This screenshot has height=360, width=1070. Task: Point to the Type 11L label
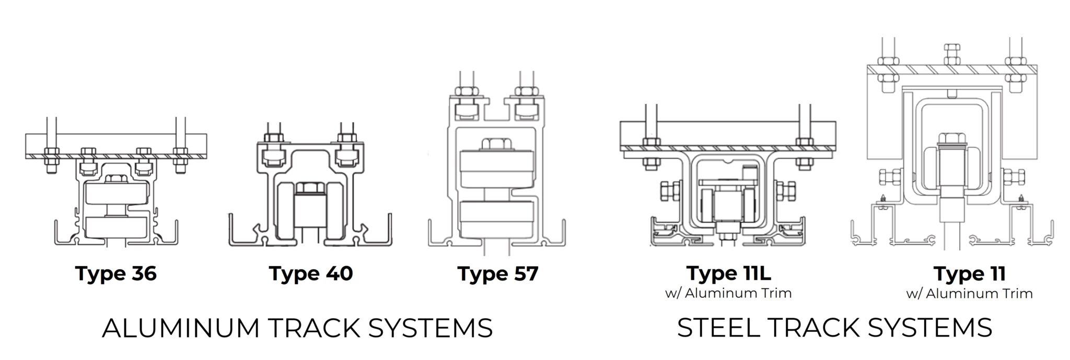729,273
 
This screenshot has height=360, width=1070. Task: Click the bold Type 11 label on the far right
969,274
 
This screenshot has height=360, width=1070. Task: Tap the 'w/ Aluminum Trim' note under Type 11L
728,293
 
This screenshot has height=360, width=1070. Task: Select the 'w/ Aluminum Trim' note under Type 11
969,294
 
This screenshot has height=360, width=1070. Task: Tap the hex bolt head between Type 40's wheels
311,188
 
